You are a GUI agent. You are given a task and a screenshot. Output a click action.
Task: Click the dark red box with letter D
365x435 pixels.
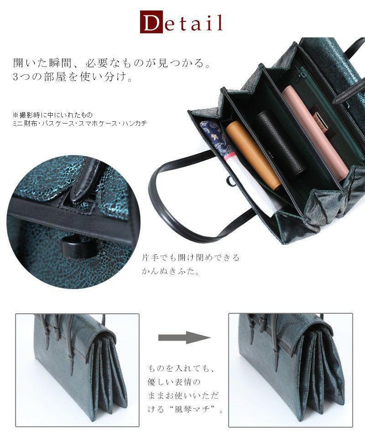pyautogui.click(x=151, y=22)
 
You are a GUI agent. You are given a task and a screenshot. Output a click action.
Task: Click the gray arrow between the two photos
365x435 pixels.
pyautogui.click(x=184, y=337)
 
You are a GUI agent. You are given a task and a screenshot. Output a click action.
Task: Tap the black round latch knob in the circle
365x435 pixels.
pyautogui.click(x=78, y=246)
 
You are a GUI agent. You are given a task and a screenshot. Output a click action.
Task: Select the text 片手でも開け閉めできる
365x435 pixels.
pyautogui.click(x=190, y=258)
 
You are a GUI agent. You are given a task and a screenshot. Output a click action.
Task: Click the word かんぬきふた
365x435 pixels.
pyautogui.click(x=167, y=271)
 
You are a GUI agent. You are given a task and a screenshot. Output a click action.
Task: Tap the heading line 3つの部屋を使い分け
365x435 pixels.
pyautogui.click(x=73, y=77)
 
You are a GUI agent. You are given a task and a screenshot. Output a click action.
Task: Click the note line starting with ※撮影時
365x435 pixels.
pyautogui.click(x=53, y=115)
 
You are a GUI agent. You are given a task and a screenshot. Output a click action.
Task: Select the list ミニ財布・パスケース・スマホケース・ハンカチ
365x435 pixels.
pyautogui.click(x=80, y=123)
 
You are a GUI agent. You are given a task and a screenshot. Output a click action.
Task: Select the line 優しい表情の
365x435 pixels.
pyautogui.click(x=174, y=382)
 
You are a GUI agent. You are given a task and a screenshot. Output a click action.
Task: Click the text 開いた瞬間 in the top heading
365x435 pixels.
pyautogui.click(x=41, y=63)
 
